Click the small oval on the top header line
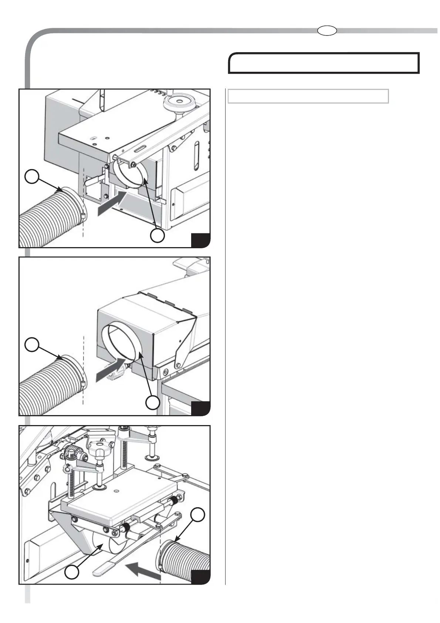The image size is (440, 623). [327, 31]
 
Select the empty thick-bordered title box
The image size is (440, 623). [324, 63]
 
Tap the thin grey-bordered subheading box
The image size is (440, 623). [308, 96]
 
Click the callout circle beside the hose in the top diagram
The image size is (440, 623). [32, 176]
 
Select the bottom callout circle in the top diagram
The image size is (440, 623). [158, 236]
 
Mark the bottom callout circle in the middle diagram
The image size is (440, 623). [153, 403]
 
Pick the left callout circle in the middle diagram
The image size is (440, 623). [32, 344]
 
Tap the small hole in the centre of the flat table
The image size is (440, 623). [116, 491]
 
